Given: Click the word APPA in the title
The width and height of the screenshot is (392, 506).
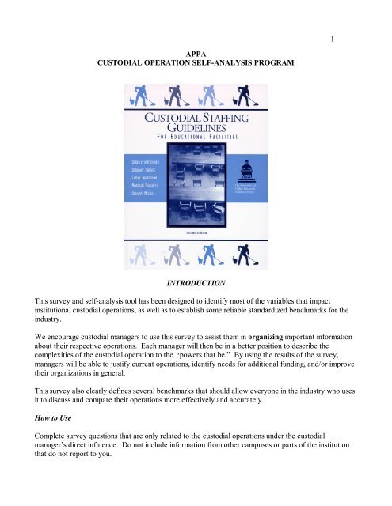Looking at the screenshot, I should tap(196, 48).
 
